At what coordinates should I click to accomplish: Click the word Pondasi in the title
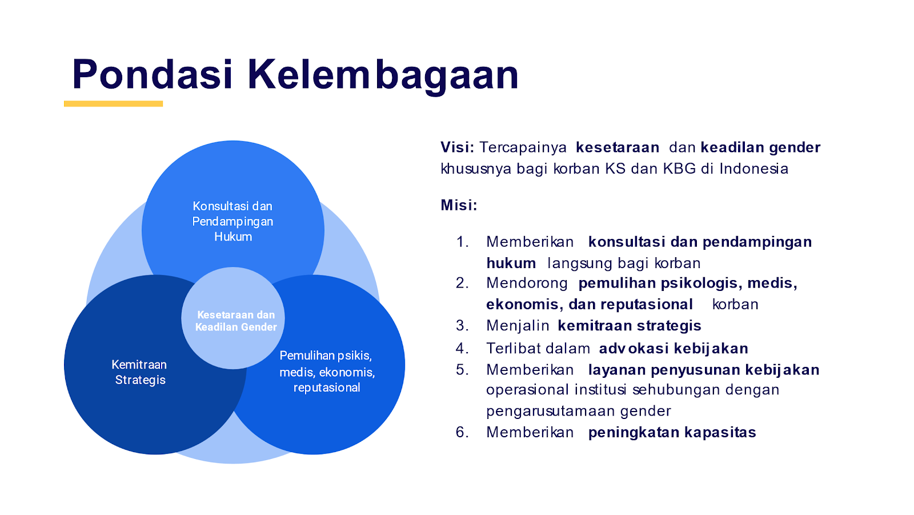[x=152, y=74]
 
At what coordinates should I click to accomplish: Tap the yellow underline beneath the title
[x=114, y=103]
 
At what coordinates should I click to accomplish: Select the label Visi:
[x=457, y=147]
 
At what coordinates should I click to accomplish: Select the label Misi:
[x=459, y=205]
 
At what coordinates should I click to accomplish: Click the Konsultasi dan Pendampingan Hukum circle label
[x=232, y=221]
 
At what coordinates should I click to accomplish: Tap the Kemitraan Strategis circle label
[x=139, y=372]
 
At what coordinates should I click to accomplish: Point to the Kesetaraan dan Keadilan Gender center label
[x=236, y=321]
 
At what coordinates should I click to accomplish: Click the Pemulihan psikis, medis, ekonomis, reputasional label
[x=326, y=372]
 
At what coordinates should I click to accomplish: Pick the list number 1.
[x=462, y=242]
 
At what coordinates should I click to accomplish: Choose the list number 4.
[x=462, y=348]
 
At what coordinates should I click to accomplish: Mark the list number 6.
[x=462, y=432]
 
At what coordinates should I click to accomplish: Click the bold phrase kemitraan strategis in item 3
[x=630, y=326]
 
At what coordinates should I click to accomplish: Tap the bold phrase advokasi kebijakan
[x=674, y=348]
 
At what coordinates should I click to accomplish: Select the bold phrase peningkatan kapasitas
[x=672, y=433]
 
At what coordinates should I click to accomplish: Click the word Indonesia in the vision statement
[x=753, y=169]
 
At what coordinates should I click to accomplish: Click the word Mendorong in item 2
[x=527, y=284]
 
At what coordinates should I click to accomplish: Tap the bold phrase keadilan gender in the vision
[x=760, y=148]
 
